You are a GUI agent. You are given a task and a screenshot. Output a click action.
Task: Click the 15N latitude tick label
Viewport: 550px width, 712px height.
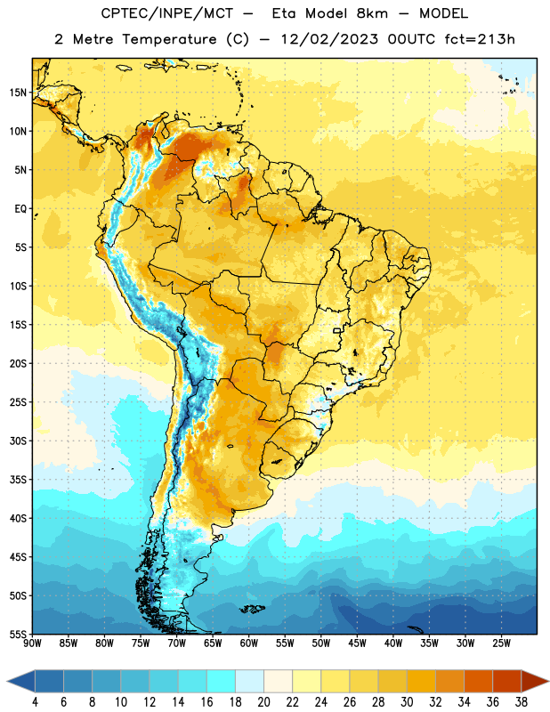[x=18, y=93]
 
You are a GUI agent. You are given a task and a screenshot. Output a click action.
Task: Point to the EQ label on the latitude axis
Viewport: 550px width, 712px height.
[x=20, y=209]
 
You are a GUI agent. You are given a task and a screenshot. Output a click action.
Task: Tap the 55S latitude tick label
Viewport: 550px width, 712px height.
[x=18, y=635]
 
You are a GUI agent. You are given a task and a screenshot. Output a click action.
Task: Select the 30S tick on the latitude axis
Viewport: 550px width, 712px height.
[x=18, y=441]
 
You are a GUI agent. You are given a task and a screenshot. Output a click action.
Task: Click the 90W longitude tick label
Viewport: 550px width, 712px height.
[x=32, y=643]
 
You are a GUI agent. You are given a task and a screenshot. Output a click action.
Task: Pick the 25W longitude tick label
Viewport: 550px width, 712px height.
[x=501, y=643]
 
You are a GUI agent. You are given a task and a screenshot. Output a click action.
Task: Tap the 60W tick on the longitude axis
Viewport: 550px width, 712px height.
[x=249, y=643]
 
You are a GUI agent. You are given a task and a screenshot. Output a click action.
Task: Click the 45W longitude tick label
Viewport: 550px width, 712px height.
[x=358, y=643]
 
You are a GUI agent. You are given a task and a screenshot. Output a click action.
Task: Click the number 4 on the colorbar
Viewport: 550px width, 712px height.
[x=35, y=702]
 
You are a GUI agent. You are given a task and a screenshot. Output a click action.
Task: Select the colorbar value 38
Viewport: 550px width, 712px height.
[x=522, y=702]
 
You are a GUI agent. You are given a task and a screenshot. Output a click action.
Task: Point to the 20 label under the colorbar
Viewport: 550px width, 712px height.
[x=263, y=702]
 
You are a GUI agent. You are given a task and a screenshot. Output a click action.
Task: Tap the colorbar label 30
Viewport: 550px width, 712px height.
[x=407, y=702]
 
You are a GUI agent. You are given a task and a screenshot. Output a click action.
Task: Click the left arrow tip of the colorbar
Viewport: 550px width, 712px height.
[x=7, y=682]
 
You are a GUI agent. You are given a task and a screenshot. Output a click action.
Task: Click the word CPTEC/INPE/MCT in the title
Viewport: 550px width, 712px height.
[x=167, y=14]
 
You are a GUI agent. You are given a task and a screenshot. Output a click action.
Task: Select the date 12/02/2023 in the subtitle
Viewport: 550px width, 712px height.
[x=329, y=39]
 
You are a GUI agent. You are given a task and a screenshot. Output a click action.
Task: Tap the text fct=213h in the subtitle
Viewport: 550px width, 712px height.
[x=480, y=39]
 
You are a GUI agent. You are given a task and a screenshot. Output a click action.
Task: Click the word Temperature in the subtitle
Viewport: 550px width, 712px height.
[x=169, y=40]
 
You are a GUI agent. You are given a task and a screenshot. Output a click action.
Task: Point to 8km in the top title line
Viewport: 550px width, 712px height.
[x=372, y=14]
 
